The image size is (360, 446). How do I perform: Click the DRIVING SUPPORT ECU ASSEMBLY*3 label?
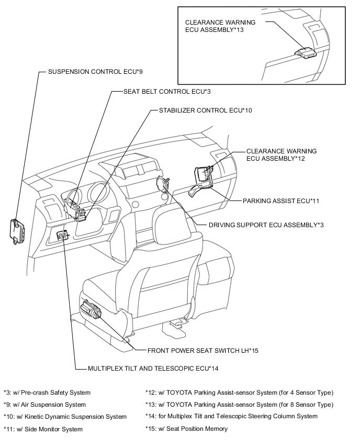[266, 225]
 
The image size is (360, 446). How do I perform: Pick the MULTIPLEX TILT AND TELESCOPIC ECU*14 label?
[153, 368]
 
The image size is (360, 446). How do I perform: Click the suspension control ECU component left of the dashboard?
[19, 229]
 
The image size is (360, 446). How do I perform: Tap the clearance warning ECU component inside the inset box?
[305, 52]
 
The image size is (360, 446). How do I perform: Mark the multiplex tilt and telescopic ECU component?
[62, 236]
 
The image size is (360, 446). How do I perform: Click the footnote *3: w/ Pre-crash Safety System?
[47, 392]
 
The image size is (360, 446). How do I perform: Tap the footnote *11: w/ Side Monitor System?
[43, 429]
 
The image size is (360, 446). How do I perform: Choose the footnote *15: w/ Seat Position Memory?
[186, 429]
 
